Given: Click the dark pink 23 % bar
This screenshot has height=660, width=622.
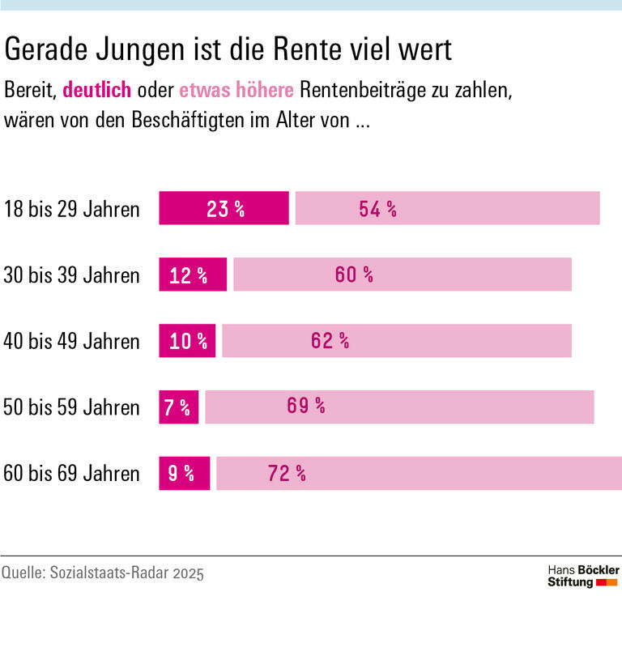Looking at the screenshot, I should pos(224,208).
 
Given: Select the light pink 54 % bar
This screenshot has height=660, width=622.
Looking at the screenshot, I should pos(447,208).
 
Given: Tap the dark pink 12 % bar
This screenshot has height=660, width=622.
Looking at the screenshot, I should pos(193,275).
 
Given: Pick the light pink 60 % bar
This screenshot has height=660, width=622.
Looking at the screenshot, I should pos(403,275).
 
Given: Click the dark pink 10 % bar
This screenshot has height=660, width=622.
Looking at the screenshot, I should pos(187,341).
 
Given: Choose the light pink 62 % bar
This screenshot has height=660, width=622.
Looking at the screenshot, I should pos(397,341).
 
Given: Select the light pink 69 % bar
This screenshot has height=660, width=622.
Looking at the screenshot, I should pos(399,407).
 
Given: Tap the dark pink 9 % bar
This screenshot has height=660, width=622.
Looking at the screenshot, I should pos(184,473).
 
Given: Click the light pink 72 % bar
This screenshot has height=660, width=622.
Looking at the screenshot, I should pos(419,473).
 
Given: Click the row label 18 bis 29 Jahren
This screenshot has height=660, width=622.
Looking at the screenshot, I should pos(72,209).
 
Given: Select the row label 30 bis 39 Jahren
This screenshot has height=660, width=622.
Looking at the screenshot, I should pos(72,275).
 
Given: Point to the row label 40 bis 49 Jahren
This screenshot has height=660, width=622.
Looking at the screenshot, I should pos(72,342).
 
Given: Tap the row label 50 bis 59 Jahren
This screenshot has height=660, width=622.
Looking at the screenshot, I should pos(72,407).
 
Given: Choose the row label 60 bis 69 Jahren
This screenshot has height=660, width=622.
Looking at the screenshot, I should pos(72,474).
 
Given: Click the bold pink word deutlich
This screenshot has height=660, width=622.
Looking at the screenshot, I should pos(96,90).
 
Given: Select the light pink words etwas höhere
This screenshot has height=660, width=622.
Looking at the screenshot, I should pos(236,90).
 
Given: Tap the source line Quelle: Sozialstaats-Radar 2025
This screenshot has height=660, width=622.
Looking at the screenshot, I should pos(103,573).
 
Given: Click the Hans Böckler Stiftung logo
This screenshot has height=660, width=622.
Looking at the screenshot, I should pos(582,577).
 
